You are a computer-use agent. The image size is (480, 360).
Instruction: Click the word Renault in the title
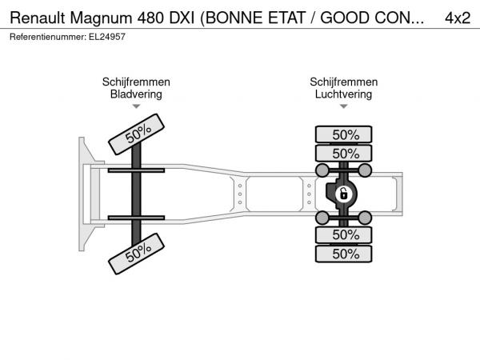point(38,18)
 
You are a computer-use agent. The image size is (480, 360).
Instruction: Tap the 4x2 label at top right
point(458,18)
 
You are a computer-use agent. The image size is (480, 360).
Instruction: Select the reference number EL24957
point(107,37)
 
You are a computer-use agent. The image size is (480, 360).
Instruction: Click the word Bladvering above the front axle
point(136,94)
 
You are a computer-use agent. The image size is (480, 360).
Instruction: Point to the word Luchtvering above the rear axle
point(343,94)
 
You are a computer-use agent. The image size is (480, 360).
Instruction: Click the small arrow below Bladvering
point(136,106)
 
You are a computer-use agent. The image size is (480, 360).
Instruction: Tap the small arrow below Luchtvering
point(344,106)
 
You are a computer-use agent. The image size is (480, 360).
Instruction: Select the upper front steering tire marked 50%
point(137,134)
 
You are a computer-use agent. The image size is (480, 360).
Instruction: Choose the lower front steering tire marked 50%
point(137,254)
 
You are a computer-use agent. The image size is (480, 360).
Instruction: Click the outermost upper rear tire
point(344,134)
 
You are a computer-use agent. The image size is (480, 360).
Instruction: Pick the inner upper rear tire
point(344,153)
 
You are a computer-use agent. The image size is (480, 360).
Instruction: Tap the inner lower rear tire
point(344,234)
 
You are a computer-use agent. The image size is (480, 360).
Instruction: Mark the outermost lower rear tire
point(344,254)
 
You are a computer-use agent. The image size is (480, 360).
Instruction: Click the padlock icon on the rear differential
point(344,194)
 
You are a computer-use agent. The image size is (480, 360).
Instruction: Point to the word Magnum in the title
point(101,18)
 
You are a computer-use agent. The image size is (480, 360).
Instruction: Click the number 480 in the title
point(151,18)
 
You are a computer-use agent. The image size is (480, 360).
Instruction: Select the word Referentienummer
point(48,37)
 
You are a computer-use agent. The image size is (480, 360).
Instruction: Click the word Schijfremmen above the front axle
point(136,82)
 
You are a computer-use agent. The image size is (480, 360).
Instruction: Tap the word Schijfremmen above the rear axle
point(344,82)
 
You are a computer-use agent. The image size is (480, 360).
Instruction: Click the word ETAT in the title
point(287,18)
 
